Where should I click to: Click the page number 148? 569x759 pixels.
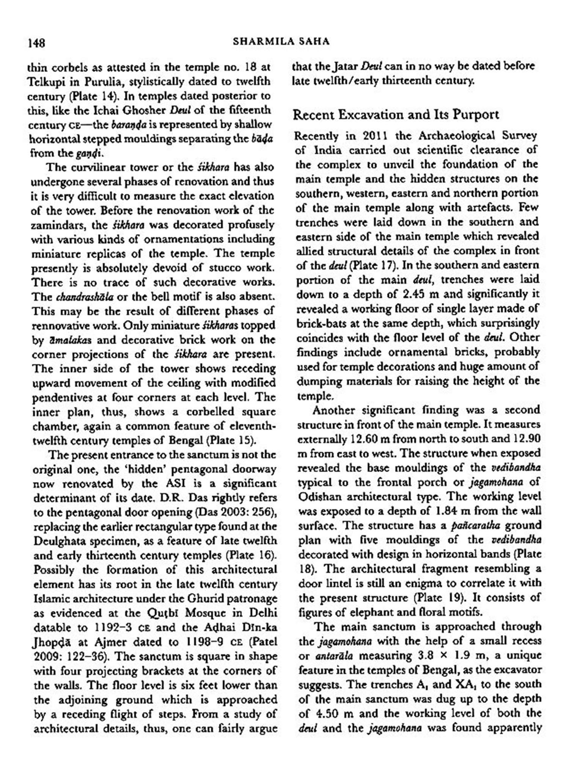(36, 43)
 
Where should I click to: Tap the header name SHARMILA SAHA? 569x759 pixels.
(281, 41)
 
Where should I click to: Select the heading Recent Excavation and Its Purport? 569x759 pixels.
(396, 115)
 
